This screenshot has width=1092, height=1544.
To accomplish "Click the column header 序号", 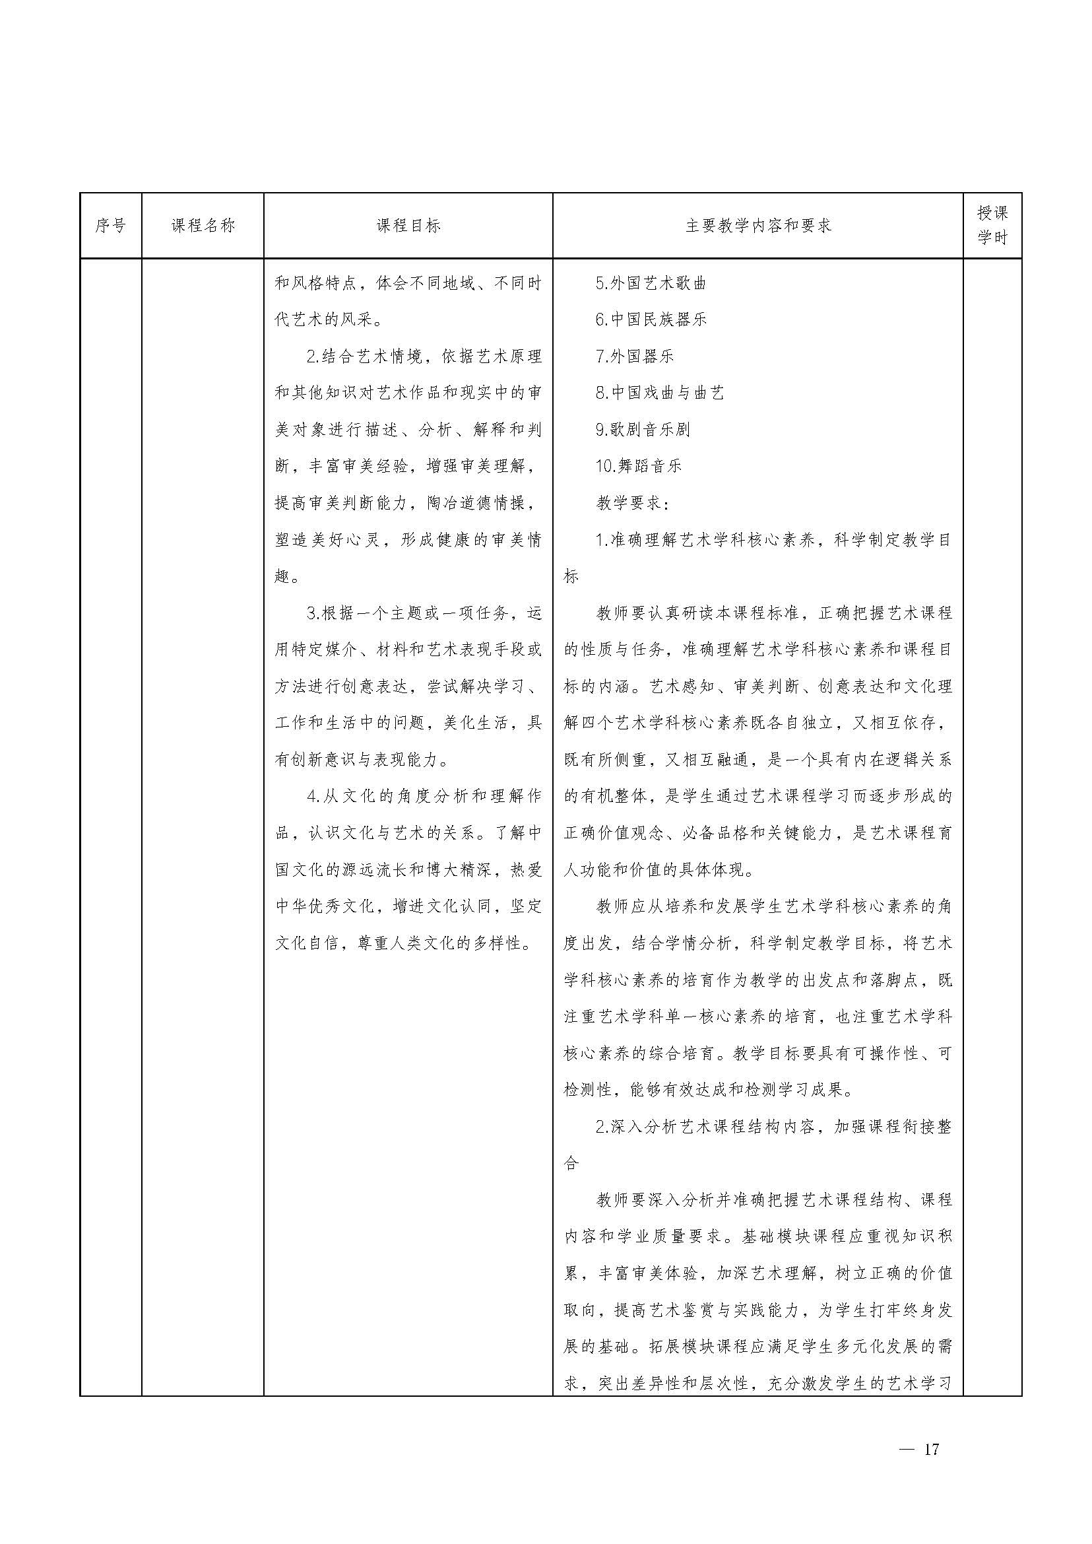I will pos(110,225).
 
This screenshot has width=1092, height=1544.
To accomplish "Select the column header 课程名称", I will pos(203,225).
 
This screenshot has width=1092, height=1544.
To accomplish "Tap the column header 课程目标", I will pos(408,225).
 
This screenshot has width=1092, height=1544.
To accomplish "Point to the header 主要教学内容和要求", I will pos(758,225).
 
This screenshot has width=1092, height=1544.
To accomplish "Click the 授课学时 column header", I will pos(992,225).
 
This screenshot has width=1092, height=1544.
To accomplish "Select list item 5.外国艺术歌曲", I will pos(651,283).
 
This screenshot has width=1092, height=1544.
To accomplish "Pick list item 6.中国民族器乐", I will pos(651,319).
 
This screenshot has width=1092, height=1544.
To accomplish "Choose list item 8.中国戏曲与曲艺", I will pos(660,393).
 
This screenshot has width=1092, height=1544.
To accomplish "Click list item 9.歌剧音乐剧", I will pos(643,429).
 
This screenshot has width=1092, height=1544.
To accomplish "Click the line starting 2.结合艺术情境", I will pos(424,356).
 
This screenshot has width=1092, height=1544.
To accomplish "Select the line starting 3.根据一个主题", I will pos(424,613).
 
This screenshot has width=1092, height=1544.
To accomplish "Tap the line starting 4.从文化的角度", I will pos(424,796).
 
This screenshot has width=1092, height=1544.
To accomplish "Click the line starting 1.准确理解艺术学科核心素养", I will pos(773,539).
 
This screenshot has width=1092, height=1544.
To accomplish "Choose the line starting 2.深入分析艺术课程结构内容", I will pos(773,1125).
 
